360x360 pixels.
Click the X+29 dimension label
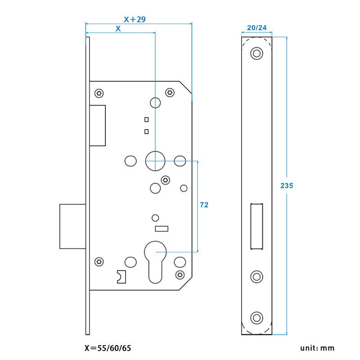[134, 19]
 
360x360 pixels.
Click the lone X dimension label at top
[118, 28]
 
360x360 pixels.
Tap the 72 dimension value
[204, 205]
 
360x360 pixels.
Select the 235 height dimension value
[287, 185]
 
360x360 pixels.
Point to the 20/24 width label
[256, 28]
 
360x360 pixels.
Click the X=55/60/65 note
[108, 348]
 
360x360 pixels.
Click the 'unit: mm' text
[318, 348]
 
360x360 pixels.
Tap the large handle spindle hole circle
[155, 161]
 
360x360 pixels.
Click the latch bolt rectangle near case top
[98, 126]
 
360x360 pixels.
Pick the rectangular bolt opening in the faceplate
[256, 226]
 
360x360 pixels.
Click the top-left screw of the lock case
[99, 93]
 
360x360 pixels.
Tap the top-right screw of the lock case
[170, 92]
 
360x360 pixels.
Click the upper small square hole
[146, 120]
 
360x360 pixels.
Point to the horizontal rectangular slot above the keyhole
[161, 229]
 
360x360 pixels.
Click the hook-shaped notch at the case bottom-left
[121, 277]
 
